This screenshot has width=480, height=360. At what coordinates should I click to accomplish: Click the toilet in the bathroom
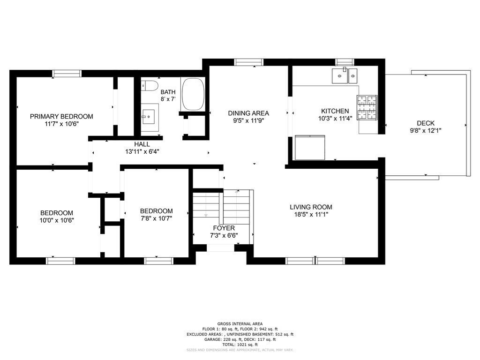click(150, 86)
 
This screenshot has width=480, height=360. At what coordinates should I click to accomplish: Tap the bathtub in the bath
click(193, 94)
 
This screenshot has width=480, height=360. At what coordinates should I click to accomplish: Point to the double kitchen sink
click(345, 75)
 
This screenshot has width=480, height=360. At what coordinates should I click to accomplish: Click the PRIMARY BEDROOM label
click(61, 116)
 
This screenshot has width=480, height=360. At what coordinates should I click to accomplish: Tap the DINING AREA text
click(248, 113)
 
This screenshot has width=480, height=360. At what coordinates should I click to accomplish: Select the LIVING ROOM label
click(311, 207)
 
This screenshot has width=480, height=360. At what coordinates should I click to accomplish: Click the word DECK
click(426, 123)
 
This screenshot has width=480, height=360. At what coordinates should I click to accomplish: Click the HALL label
click(142, 144)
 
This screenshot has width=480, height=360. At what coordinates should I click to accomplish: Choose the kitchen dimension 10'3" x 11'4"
click(335, 119)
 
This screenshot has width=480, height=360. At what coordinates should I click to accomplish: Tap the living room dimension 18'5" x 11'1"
click(311, 215)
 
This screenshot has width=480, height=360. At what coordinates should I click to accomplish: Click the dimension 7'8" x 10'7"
click(156, 218)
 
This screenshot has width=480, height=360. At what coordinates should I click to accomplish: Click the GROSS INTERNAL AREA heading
click(240, 323)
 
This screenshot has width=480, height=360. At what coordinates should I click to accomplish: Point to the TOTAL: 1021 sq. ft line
click(240, 345)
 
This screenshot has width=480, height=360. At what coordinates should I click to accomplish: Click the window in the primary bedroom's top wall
click(67, 73)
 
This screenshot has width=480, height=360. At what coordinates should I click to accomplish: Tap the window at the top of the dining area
click(249, 62)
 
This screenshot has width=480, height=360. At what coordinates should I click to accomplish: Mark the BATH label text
click(168, 92)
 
